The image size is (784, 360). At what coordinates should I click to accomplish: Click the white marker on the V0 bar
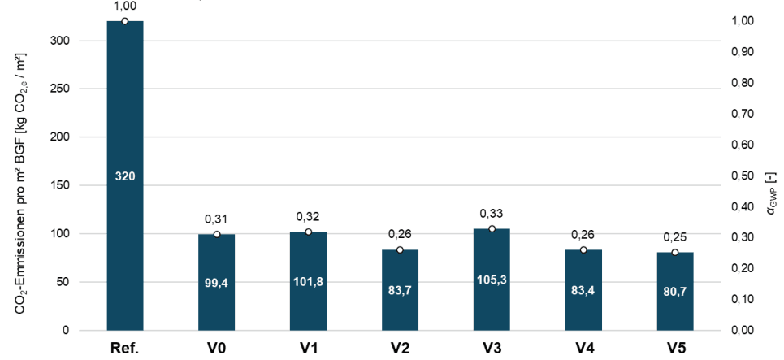[216, 234]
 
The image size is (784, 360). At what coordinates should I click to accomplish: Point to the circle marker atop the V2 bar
[400, 249]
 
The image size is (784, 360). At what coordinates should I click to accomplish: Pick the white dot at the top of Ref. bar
[125, 21]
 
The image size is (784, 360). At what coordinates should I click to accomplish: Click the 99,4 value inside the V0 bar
[216, 283]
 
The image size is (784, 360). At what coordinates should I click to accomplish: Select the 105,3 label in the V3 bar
[492, 280]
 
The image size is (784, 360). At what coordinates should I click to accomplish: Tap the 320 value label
[125, 176]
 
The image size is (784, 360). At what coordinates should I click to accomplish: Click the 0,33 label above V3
[492, 214]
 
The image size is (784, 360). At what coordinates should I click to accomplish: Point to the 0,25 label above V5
[675, 237]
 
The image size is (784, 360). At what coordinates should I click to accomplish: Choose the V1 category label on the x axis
[309, 348]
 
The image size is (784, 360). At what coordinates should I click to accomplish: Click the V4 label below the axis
[583, 348]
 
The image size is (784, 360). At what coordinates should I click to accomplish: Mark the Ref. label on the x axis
[125, 348]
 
